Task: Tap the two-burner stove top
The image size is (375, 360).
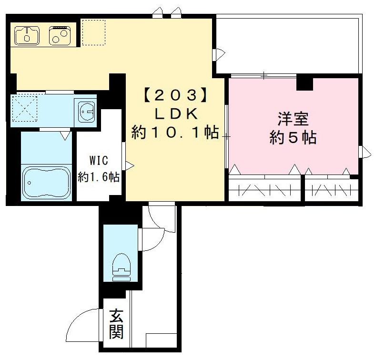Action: point(60,34)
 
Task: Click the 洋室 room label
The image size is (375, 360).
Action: point(293,118)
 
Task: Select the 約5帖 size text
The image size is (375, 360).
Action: point(293,138)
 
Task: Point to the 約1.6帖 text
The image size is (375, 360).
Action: point(99,177)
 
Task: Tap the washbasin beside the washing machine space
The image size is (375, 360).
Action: point(86,113)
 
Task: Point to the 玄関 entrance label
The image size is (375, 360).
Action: point(116,324)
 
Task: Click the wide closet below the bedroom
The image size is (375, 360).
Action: point(264,189)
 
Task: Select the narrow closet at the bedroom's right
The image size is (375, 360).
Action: point(330,189)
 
